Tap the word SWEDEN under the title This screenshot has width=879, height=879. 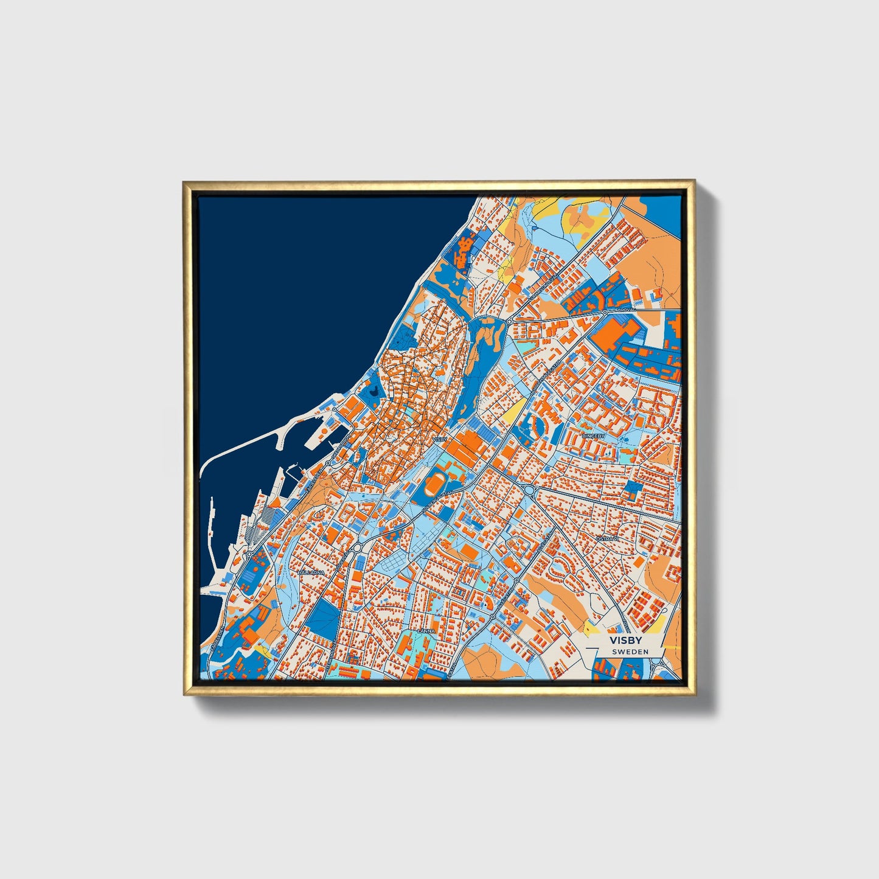coord(630,651)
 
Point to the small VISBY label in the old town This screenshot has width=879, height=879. coord(439,439)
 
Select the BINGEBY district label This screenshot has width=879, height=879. coord(594,436)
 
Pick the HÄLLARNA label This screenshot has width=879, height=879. coord(311,572)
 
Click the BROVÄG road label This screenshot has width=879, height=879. coord(626,310)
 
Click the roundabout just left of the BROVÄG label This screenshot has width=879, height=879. coord(605,313)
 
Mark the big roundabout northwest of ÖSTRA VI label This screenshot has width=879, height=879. coord(529,490)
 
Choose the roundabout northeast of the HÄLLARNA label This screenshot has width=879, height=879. coord(357,548)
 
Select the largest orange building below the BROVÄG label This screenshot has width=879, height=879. coord(616,333)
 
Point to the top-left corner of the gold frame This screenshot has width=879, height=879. coord(185,182)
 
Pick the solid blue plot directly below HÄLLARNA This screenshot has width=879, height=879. coord(321,619)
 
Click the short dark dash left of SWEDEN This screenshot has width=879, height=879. coord(604,651)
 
